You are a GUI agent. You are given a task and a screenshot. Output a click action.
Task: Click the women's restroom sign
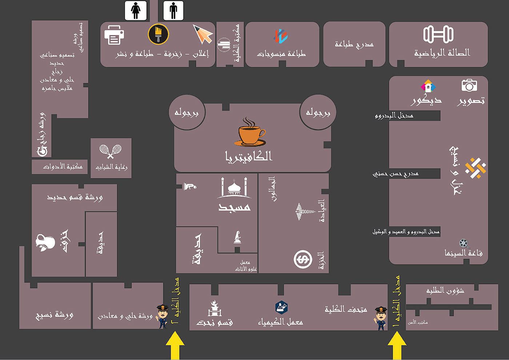136,10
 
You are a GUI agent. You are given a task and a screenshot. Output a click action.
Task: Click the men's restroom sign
173,10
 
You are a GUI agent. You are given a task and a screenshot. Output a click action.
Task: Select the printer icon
114,35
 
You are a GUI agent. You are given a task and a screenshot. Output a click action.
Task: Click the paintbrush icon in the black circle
158,34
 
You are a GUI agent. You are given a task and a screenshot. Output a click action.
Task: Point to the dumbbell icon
438,35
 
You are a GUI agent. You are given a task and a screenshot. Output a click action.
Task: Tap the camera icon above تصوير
469,85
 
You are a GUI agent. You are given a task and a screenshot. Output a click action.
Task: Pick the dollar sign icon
303,259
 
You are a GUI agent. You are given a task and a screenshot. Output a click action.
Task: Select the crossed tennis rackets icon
110,151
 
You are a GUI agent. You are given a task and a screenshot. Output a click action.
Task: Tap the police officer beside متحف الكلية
381,318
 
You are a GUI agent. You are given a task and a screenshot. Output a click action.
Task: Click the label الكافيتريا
249,157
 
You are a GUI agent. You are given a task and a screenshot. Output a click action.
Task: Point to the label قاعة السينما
464,253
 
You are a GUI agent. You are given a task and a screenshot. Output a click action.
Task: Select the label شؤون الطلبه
445,291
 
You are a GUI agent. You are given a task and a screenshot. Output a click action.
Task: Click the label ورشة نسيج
55,315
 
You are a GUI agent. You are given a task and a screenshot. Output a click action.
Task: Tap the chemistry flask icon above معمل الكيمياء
281,307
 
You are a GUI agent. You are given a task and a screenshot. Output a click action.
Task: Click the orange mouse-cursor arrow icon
203,34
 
